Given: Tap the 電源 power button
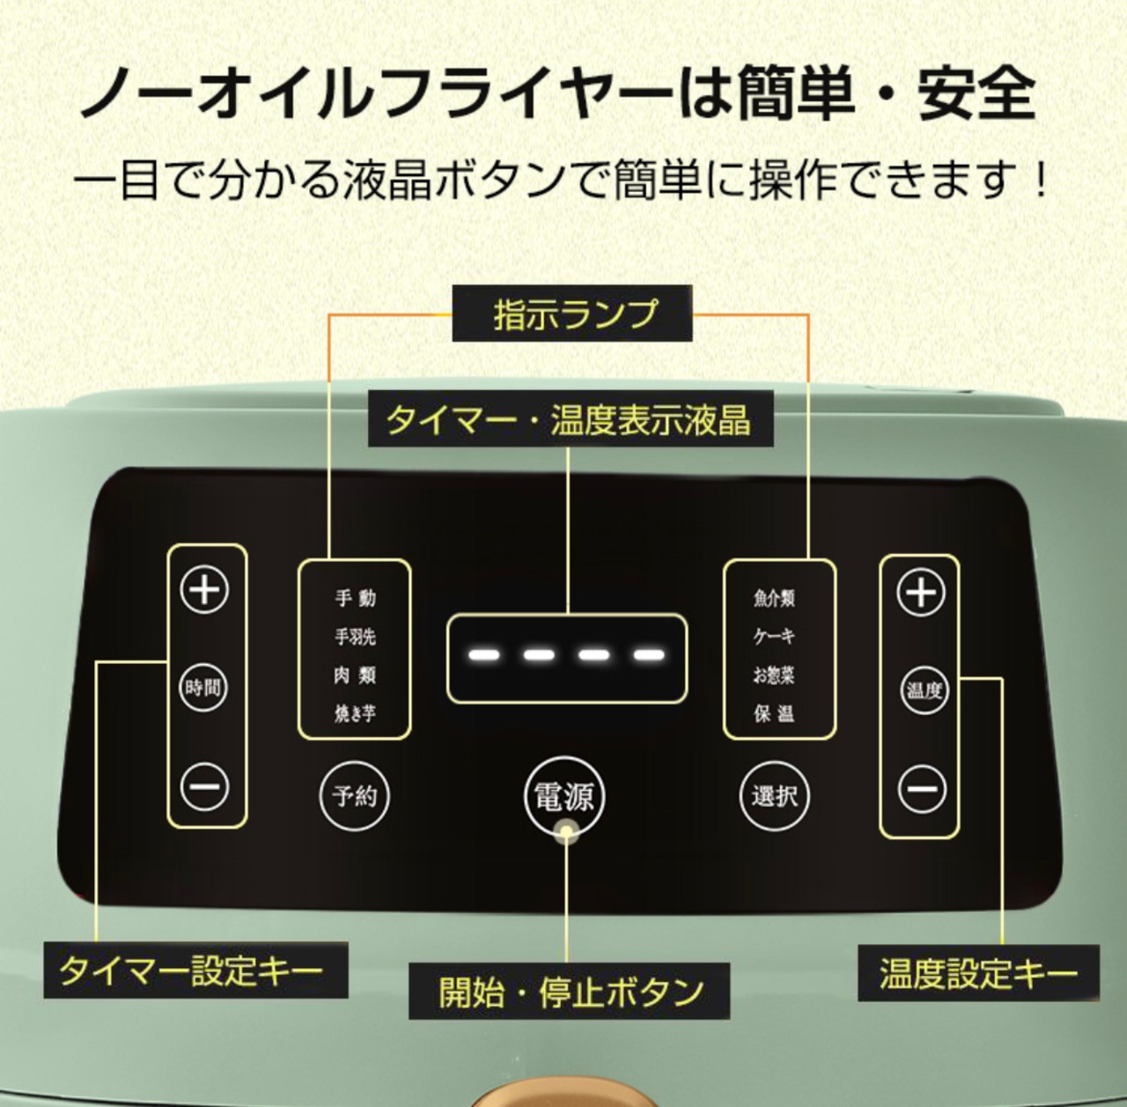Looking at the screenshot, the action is coord(564,796).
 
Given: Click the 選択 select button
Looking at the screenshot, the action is coord(775,796).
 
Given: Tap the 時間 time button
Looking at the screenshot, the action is coord(203,687).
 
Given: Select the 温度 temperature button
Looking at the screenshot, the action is coord(924,691).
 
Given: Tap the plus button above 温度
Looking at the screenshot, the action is coord(921,593).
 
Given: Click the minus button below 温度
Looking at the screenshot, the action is coord(923,789).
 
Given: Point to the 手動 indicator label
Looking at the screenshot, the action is coord(355,598).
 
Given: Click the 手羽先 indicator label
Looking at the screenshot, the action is coord(355,637).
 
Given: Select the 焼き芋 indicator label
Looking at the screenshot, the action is coord(355,714).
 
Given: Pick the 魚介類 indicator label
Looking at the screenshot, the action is coord(774,598).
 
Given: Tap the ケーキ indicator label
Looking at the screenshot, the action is coord(774,636).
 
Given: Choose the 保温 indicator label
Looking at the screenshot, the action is coord(774,714).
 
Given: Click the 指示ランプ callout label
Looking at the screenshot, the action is coord(572,314).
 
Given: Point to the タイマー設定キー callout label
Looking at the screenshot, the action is coord(196,970).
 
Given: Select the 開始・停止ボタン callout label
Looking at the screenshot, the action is coord(569,991).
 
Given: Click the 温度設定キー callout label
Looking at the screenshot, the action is coord(978,973).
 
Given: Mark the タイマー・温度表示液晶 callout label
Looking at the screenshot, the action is coord(571,419).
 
